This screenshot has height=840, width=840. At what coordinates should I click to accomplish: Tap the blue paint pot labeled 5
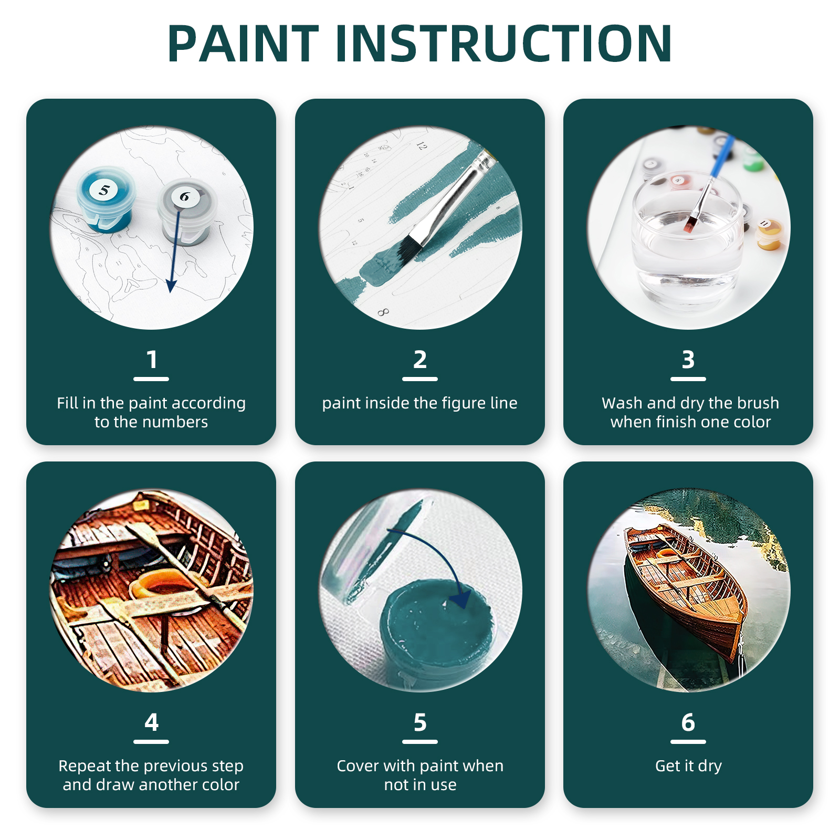106,199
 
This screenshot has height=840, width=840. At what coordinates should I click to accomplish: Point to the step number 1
151,360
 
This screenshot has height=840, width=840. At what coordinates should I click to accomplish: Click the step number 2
420,360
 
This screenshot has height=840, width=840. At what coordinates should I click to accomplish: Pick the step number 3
688,360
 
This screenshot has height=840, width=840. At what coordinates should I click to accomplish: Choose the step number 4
151,723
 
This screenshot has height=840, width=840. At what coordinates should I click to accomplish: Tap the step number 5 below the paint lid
420,723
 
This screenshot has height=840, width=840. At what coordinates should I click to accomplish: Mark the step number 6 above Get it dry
688,723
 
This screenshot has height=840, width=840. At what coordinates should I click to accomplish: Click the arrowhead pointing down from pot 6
171,286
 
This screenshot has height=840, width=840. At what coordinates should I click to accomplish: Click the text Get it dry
688,766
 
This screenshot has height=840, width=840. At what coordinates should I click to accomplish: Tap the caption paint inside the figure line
420,403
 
